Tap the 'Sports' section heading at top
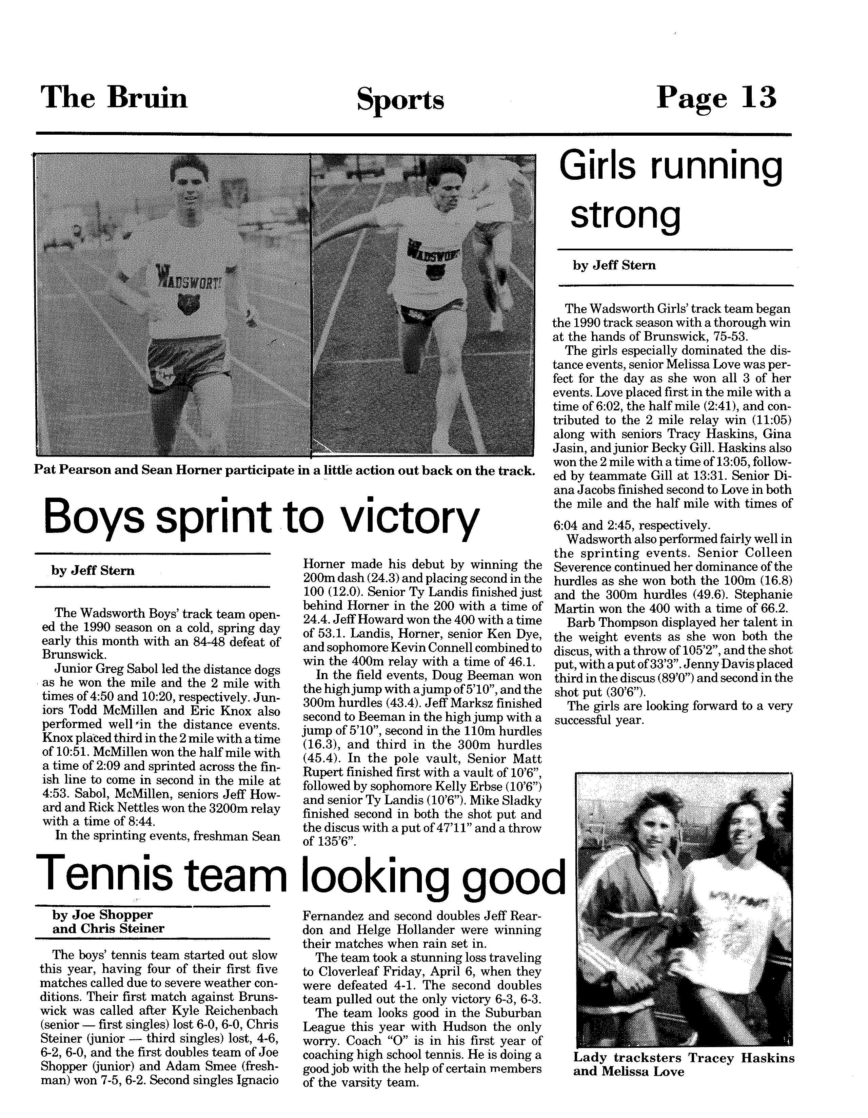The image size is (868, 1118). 400,100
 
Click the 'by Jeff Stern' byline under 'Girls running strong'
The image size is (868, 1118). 614,266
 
